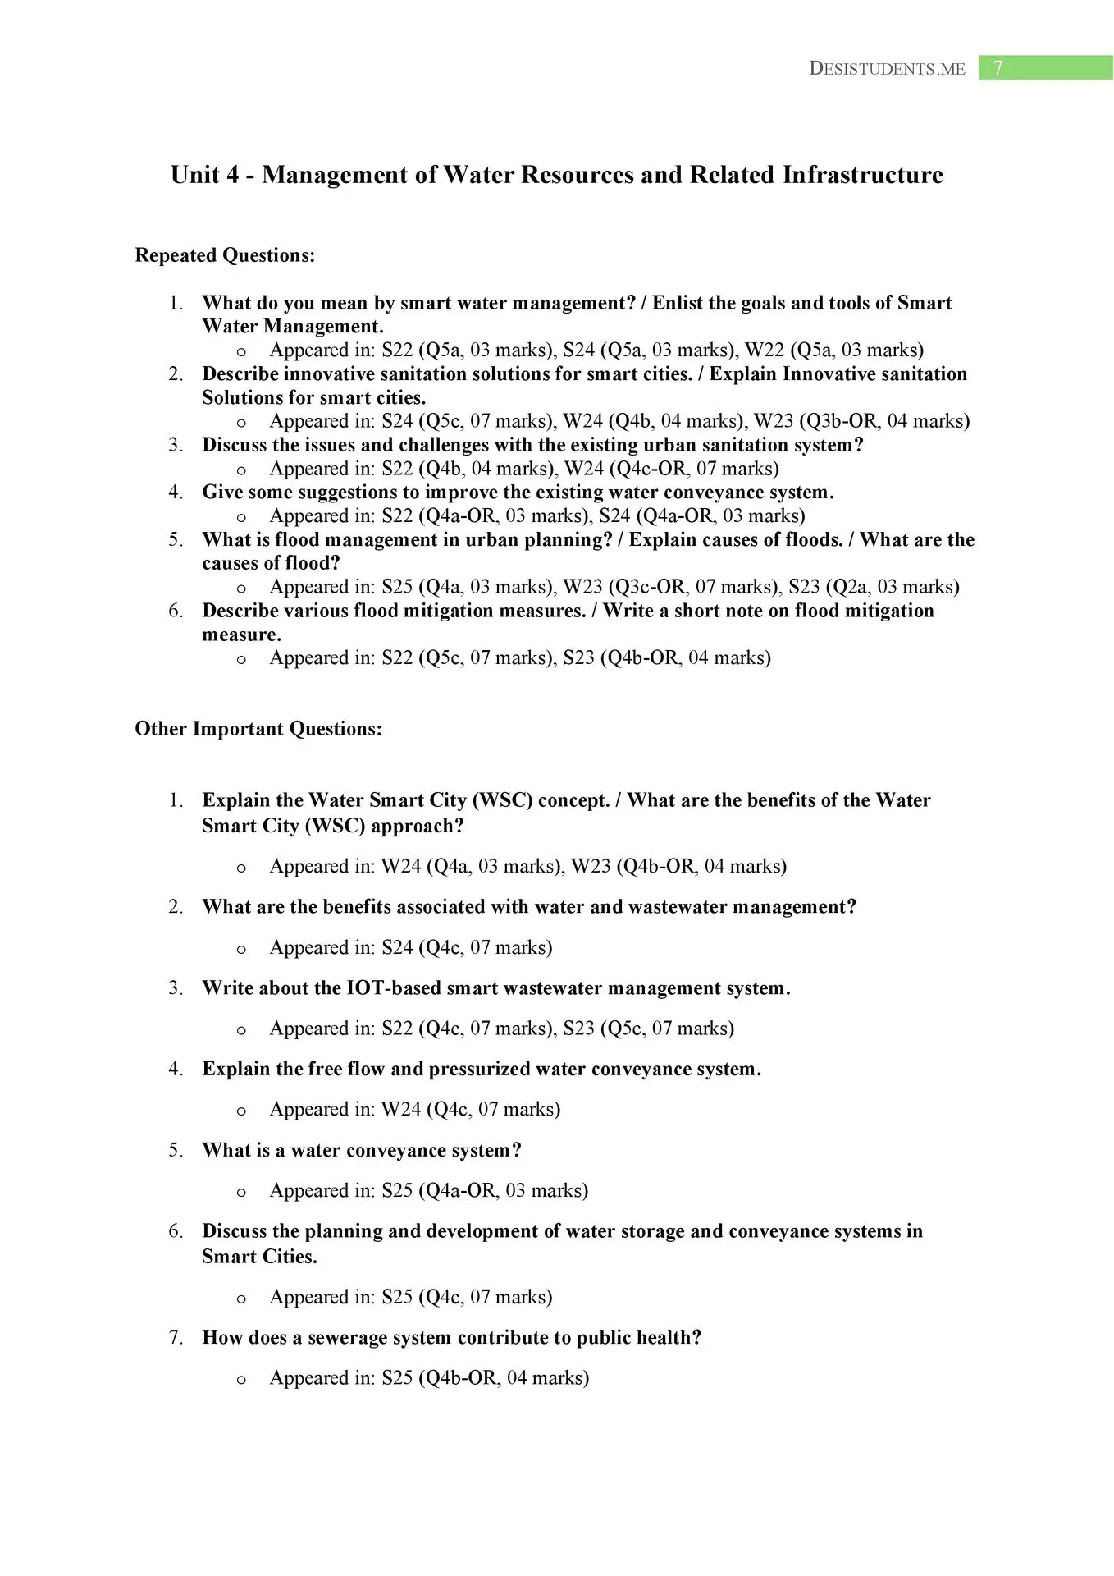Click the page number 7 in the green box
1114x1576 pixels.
click(998, 68)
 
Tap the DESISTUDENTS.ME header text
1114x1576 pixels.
click(887, 69)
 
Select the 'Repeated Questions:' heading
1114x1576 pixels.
click(225, 255)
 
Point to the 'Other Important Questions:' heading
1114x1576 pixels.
click(258, 729)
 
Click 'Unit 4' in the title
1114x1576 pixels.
click(204, 175)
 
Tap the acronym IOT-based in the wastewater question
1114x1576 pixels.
click(391, 988)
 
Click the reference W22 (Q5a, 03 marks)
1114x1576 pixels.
click(833, 350)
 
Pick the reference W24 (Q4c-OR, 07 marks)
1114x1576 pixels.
click(671, 469)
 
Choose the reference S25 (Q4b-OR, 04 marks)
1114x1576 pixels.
click(485, 1378)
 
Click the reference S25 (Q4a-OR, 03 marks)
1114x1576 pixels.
click(485, 1191)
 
